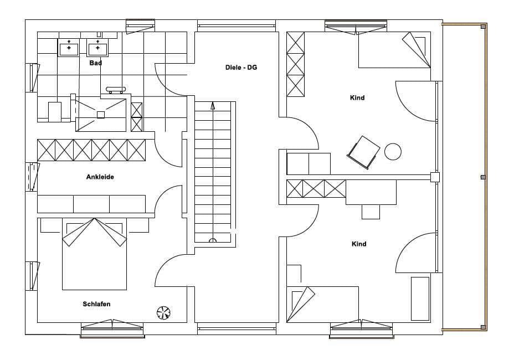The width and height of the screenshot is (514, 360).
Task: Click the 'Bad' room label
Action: coord(95,63)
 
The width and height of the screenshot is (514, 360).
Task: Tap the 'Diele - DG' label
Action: coord(241,68)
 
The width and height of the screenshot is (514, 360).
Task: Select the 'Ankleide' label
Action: coord(100,177)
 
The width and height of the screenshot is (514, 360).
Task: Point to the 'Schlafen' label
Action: coord(96,304)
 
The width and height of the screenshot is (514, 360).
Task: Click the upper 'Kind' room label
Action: coord(357,97)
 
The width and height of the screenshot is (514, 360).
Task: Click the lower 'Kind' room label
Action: coord(359,244)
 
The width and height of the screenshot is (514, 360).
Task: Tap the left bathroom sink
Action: coord(69,47)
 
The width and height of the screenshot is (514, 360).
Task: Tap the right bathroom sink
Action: coord(97,47)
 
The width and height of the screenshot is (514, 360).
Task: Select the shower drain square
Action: coord(101,115)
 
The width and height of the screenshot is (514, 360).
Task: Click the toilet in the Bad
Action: coord(54,112)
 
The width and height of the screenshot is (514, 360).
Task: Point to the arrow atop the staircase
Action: coord(213,106)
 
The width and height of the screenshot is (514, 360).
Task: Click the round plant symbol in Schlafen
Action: coord(163,312)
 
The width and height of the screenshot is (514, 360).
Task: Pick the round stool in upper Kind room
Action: coord(393,152)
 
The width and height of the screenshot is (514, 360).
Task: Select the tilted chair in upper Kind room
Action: coord(363,152)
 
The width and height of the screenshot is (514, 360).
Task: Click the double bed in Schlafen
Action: coord(94,254)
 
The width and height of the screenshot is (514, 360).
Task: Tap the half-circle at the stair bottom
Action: coord(213,240)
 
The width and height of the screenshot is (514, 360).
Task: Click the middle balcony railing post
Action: coord(483,177)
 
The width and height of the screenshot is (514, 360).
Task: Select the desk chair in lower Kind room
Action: coord(371,212)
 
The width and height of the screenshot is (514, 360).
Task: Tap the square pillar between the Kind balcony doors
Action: coord(435,177)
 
